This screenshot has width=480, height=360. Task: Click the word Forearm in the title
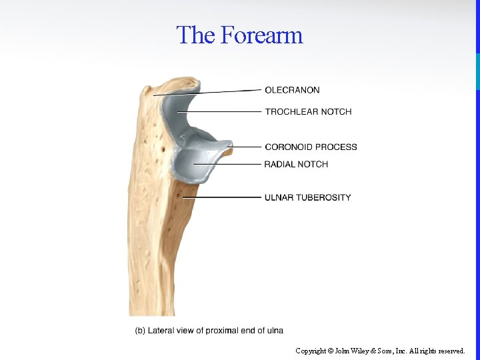pyautogui.click(x=261, y=35)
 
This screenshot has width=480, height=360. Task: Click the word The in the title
pyautogui.click(x=195, y=35)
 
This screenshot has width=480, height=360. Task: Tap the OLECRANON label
pyautogui.click(x=292, y=90)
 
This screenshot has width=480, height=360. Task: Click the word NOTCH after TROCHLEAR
pyautogui.click(x=338, y=111)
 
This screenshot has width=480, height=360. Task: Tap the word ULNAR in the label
pyautogui.click(x=279, y=197)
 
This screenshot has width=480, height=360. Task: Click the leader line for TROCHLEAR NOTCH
pyautogui.click(x=220, y=111)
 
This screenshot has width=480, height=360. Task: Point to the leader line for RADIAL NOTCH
pyautogui.click(x=227, y=164)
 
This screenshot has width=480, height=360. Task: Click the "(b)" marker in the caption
pyautogui.click(x=140, y=331)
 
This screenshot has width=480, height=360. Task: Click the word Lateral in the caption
pyautogui.click(x=161, y=331)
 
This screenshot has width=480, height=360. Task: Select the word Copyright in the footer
pyautogui.click(x=311, y=351)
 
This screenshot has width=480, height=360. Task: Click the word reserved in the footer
pyautogui.click(x=451, y=351)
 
